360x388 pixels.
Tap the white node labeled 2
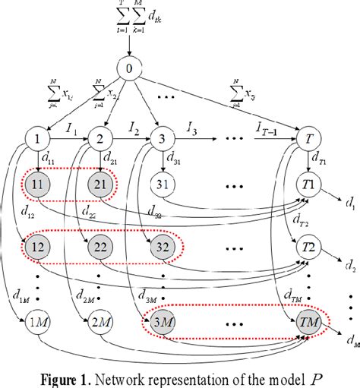click(x=99, y=140)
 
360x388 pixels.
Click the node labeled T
click(x=308, y=140)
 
